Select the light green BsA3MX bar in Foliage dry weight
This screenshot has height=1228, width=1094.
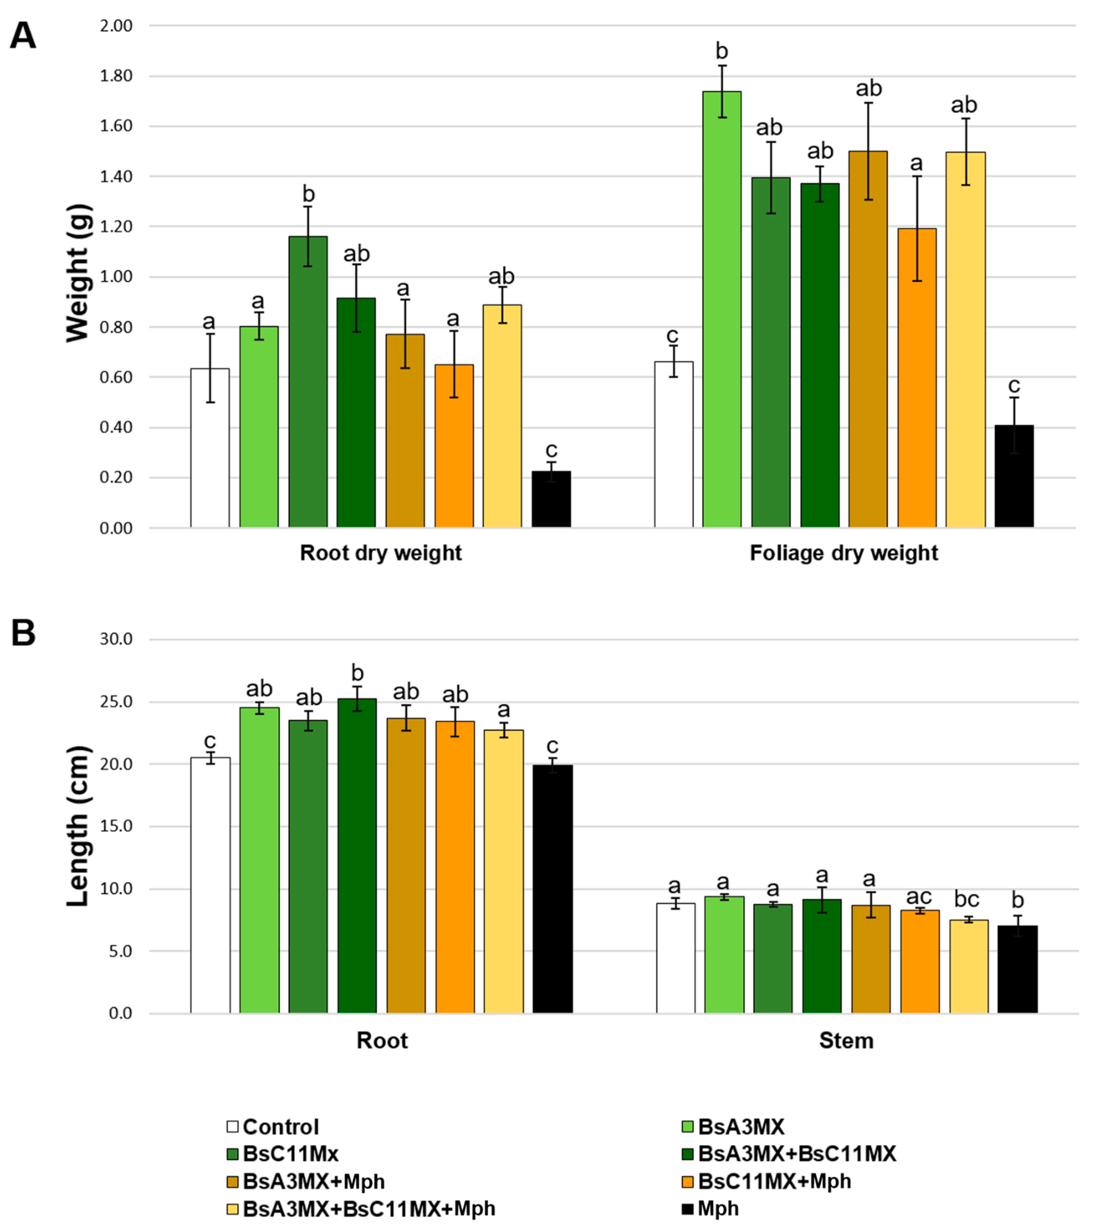722,309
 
